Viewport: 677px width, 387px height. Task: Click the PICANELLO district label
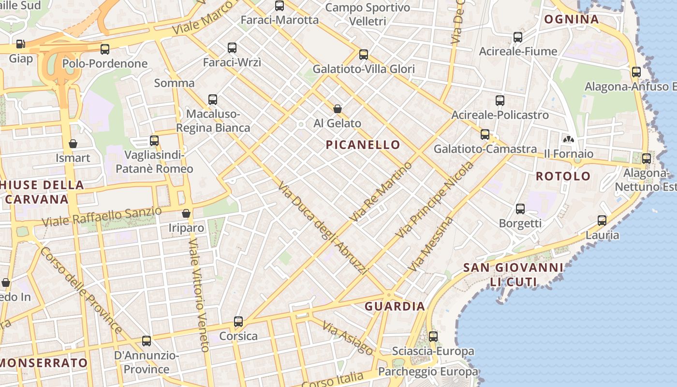coord(363,145)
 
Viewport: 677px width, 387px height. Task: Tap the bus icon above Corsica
coord(238,321)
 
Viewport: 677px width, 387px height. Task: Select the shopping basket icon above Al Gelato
coord(338,109)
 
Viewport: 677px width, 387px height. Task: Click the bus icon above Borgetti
coord(520,209)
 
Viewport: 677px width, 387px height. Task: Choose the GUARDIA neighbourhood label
coord(395,306)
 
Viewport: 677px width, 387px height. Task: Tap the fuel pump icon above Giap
coord(20,44)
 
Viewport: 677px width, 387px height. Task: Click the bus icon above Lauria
coord(602,221)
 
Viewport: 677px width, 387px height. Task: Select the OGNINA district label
coord(572,19)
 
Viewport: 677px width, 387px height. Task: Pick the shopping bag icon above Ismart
coord(73,144)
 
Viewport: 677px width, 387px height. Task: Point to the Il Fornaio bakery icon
coord(568,139)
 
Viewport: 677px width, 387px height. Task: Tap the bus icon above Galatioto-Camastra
coord(485,134)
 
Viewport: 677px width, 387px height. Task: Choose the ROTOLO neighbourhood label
coord(563,176)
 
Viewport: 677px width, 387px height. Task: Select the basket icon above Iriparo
coord(186,213)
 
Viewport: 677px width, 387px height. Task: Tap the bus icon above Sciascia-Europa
coord(433,336)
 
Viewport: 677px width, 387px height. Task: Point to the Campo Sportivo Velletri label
coord(368,14)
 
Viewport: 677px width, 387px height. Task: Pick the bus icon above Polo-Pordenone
coord(105,49)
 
